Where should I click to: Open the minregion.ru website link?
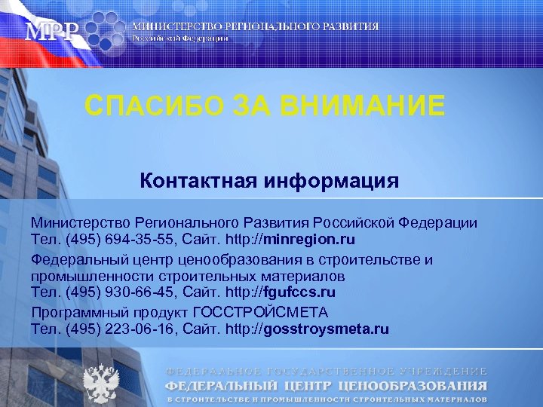tap(309, 240)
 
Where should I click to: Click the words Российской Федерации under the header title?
tap(179, 38)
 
